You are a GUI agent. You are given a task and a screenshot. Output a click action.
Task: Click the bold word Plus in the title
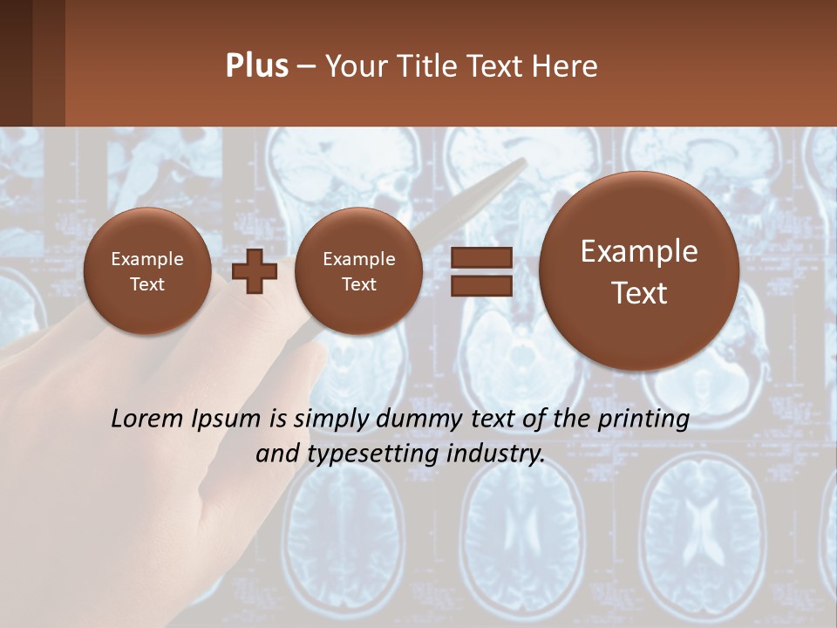256,66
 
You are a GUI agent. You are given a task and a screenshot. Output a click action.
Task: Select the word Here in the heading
564,66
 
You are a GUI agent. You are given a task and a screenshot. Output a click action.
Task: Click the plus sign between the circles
255,271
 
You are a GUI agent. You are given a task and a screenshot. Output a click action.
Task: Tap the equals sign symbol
480,271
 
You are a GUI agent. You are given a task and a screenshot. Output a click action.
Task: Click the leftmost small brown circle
146,271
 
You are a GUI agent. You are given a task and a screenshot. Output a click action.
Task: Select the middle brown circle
358,271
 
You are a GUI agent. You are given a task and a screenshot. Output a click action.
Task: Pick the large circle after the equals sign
639,271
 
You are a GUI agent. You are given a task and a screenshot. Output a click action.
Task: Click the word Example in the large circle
639,251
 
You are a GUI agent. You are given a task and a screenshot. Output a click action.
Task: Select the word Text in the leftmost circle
146,284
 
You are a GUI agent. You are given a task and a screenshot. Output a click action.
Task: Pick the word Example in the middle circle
358,259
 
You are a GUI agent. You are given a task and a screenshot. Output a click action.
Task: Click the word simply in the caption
326,420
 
